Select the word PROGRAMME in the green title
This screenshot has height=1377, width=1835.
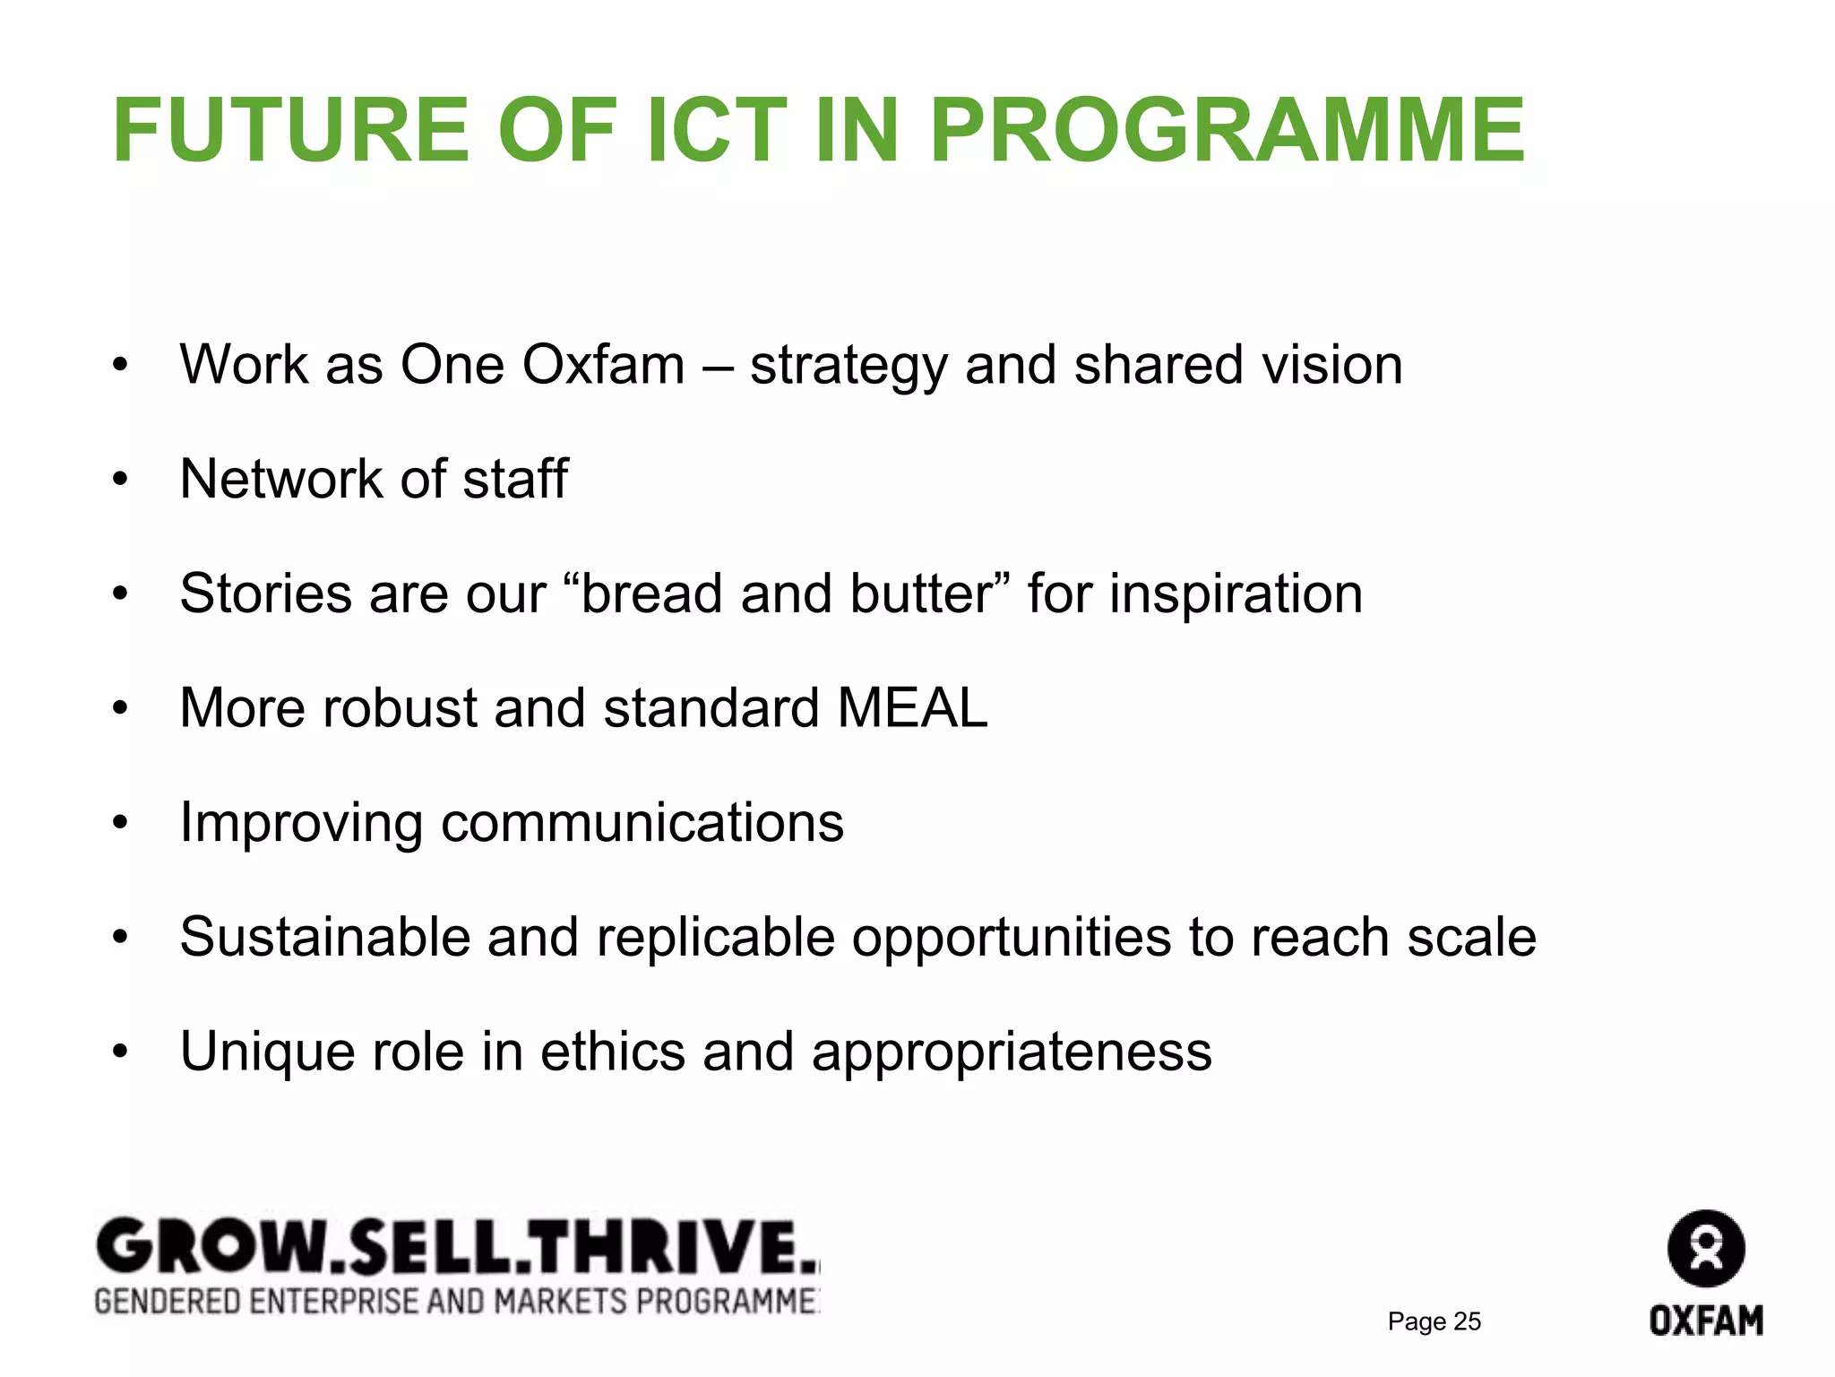1227,131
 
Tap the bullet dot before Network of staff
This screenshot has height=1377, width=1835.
121,481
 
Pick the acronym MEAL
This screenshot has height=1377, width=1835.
911,708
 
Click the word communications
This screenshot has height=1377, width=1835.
642,823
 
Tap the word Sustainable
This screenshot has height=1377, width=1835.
324,937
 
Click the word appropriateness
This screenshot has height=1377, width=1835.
1011,1052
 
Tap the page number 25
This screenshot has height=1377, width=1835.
1467,1321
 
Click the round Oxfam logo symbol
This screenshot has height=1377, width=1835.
1706,1249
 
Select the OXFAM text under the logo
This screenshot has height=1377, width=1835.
1706,1321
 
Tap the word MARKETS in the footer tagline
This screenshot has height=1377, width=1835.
560,1301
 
